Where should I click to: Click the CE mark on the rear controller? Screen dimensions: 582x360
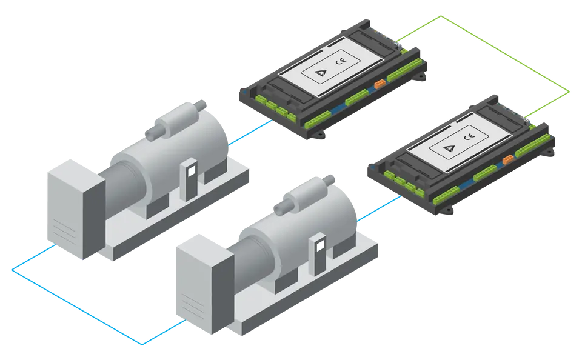coord(341,61)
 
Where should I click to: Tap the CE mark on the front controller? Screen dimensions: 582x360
coord(469,136)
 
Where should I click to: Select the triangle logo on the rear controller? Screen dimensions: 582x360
coord(320,72)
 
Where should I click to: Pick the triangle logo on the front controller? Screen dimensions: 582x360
coord(449,148)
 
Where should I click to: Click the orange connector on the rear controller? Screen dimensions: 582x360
coord(380,84)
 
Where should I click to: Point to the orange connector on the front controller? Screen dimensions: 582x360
coord(508,159)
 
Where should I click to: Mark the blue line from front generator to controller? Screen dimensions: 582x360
coord(379,208)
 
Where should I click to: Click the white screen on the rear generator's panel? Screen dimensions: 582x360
coord(192,171)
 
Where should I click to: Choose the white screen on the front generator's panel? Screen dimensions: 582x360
coord(320,245)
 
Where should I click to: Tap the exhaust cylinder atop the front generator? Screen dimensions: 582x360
coord(304,195)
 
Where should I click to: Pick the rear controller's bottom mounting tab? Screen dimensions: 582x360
coord(318,135)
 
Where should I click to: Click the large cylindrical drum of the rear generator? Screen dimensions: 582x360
coord(175,163)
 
